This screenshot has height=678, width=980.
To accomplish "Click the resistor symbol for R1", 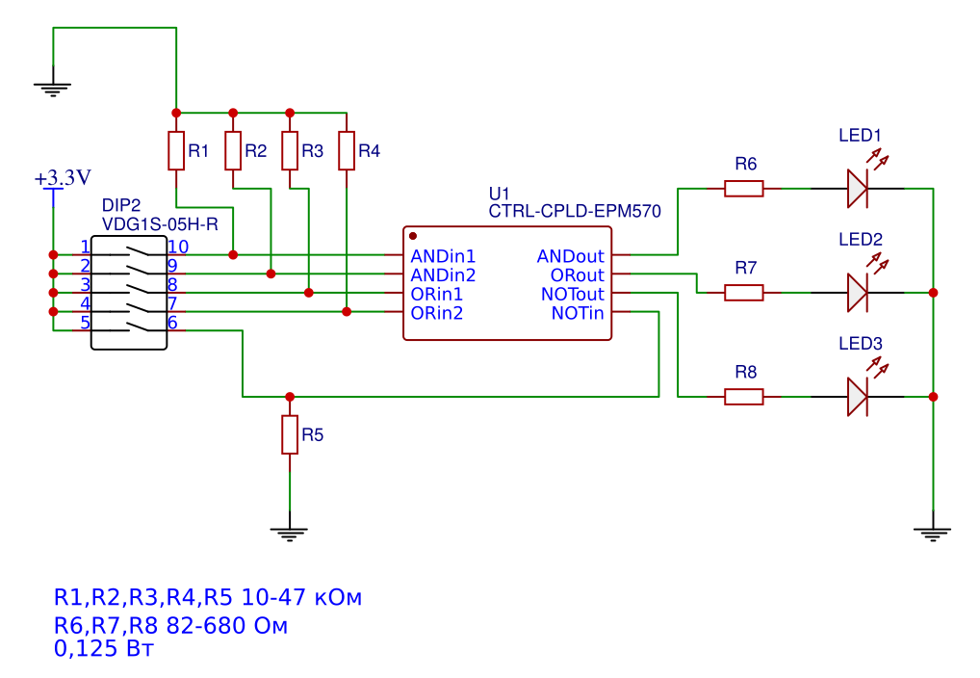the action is (176, 151).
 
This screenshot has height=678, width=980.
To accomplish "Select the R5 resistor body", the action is (290, 434).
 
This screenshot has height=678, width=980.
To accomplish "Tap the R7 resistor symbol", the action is (744, 293).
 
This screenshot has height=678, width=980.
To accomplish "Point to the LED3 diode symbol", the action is (858, 397).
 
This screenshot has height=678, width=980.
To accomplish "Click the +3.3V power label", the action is (63, 177).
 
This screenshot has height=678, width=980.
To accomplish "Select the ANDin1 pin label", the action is (443, 256).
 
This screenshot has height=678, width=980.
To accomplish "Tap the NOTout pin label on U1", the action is (573, 294).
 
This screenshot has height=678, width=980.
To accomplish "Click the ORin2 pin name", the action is (437, 313).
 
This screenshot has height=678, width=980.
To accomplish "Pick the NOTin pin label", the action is (578, 313).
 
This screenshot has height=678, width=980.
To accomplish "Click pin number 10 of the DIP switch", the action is (178, 248).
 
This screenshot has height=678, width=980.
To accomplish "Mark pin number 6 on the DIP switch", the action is (172, 323).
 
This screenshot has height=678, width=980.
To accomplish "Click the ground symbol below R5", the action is (289, 533).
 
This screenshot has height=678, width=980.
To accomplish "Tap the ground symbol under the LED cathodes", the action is (933, 533).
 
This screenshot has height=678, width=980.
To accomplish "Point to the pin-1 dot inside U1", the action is (412, 236).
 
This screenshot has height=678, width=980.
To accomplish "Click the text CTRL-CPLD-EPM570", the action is (575, 212).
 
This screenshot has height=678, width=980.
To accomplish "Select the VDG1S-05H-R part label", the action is (160, 224).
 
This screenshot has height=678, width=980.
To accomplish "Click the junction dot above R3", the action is (290, 113).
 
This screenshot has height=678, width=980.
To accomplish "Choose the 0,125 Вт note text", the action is (104, 648).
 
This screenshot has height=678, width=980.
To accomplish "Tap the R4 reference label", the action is (370, 151).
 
